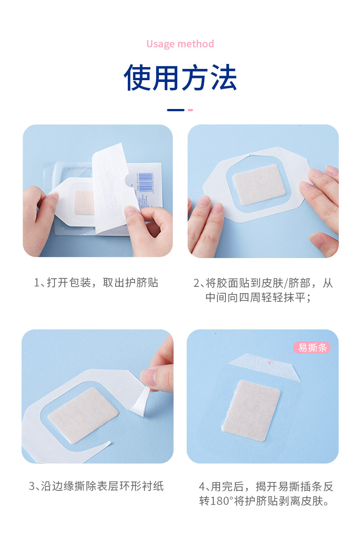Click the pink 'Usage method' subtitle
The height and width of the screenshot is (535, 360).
[x=180, y=44]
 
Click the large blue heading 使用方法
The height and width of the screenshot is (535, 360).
[x=180, y=78]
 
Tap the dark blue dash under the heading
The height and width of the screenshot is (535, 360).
[x=175, y=110]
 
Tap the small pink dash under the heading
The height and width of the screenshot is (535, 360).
[x=190, y=110]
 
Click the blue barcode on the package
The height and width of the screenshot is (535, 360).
[x=146, y=181]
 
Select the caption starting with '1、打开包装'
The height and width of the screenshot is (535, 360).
[x=96, y=282]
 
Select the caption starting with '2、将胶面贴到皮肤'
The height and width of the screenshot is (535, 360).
[x=263, y=290]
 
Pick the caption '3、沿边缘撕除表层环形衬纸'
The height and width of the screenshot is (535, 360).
[x=96, y=486]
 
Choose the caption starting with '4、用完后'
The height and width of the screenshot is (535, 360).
[x=266, y=494]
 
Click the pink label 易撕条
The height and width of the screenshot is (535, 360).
[x=312, y=348]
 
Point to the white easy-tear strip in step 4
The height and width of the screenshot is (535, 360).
[x=265, y=367]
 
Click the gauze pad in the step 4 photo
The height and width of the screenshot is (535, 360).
[x=251, y=411]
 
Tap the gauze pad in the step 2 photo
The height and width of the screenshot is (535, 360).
[x=259, y=185]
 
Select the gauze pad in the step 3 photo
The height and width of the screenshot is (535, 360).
[x=83, y=415]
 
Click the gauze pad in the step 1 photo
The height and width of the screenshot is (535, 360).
[x=84, y=202]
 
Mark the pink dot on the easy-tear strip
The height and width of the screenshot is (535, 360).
[x=269, y=363]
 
